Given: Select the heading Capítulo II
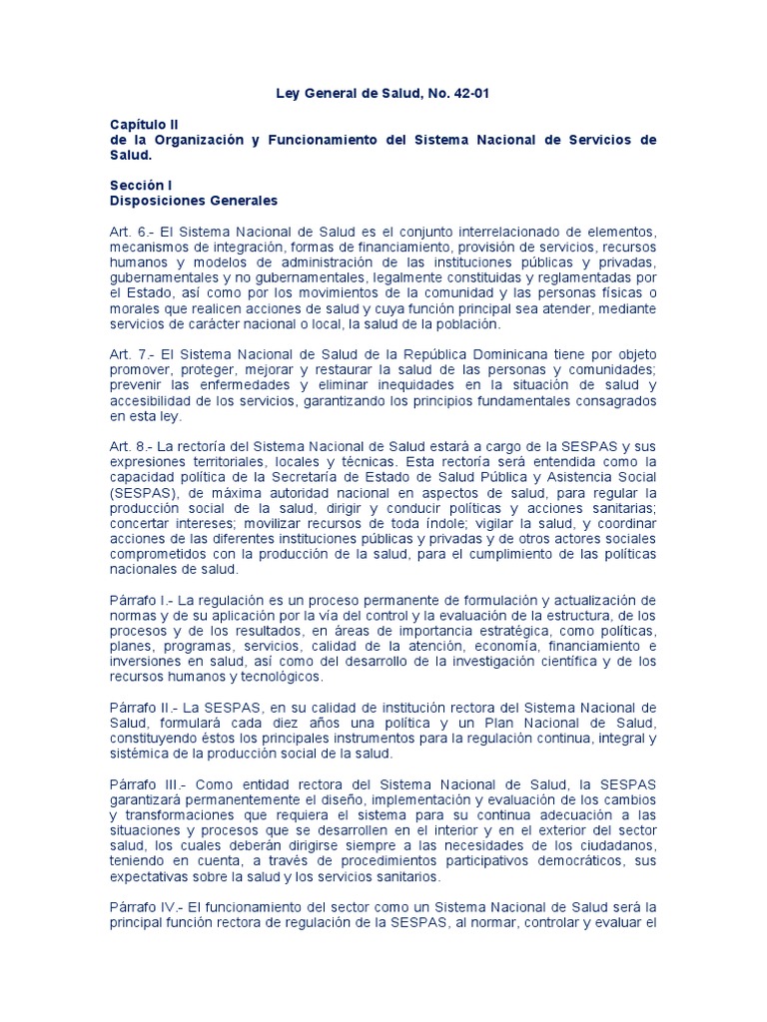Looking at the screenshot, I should click(x=144, y=125).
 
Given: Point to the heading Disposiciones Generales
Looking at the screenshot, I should click(x=194, y=201).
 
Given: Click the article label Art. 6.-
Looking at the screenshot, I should click(x=131, y=231).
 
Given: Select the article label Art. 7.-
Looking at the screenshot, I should click(x=131, y=355).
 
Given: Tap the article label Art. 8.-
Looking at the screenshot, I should click(x=131, y=445).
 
